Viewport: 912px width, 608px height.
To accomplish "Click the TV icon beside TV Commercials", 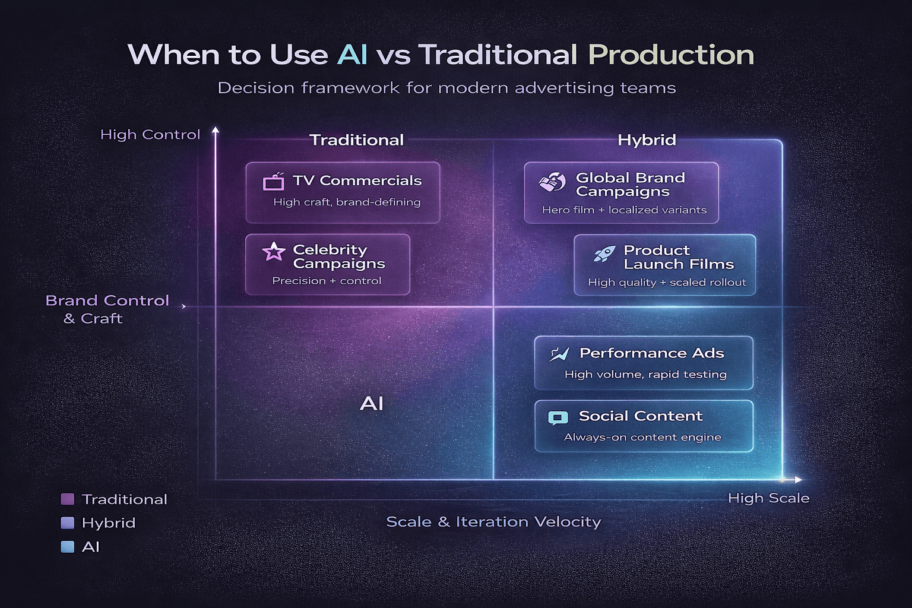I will tap(274, 181).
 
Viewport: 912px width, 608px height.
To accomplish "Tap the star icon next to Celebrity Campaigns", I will tap(274, 252).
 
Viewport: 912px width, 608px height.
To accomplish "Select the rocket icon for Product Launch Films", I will tap(604, 254).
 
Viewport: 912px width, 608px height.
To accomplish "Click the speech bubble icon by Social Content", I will tap(558, 418).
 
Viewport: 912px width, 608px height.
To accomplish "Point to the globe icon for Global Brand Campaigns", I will tap(552, 182).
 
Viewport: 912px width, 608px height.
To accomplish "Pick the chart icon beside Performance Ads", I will tap(559, 354).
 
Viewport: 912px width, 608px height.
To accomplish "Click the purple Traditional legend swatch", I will tap(68, 499).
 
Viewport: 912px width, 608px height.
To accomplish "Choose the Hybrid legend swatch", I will tap(68, 522).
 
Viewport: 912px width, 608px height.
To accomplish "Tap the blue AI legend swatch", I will tap(68, 546).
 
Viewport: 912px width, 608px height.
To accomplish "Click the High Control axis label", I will tap(150, 135).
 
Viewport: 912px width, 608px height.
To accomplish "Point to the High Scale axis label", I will tap(768, 498).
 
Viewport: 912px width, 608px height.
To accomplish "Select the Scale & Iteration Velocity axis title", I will tap(493, 521).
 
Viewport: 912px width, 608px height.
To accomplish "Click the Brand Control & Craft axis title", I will tap(107, 309).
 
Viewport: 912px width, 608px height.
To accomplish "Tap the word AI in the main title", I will tap(352, 55).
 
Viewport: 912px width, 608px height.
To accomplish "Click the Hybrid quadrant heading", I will tap(647, 140).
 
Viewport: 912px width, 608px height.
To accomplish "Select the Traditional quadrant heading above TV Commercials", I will tap(356, 140).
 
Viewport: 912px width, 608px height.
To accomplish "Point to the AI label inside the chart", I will tap(372, 404).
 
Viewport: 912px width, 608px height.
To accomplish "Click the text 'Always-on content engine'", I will tap(642, 437).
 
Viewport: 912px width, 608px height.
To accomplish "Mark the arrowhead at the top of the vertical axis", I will tap(216, 129).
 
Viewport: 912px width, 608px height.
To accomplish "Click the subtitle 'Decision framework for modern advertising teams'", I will tap(446, 88).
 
